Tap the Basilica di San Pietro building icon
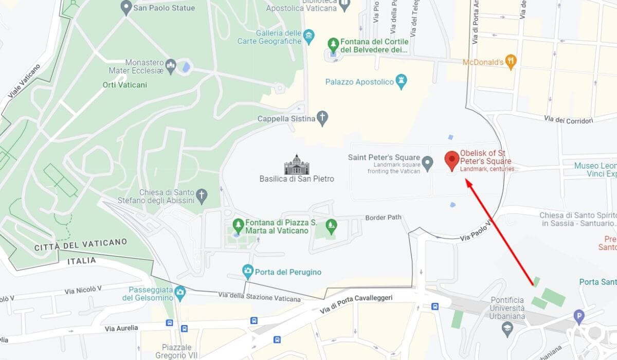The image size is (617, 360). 297,164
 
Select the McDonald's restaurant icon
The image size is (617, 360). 511,62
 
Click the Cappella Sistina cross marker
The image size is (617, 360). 322,118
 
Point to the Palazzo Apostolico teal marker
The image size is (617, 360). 401,81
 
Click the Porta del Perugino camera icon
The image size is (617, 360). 248,271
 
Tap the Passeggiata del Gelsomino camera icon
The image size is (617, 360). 179,293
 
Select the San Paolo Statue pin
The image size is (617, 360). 126,8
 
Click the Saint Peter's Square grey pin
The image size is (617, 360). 428,163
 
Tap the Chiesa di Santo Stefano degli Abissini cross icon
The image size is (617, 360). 202,195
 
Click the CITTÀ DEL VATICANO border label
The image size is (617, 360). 80,244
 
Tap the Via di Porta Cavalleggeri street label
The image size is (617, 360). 356,304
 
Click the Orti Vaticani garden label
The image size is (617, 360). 124,85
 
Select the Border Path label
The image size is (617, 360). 383,218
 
